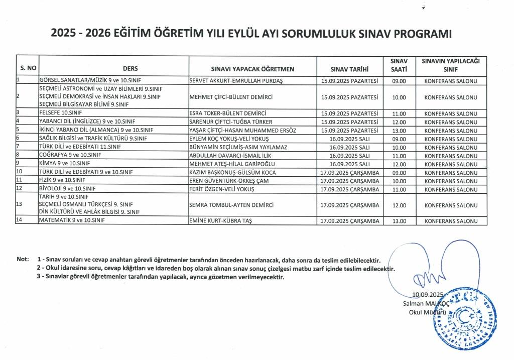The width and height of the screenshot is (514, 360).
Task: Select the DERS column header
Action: click(x=130, y=69)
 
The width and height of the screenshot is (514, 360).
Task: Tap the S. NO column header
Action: click(x=27, y=69)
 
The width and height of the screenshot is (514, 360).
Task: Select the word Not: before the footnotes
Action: click(x=23, y=260)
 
